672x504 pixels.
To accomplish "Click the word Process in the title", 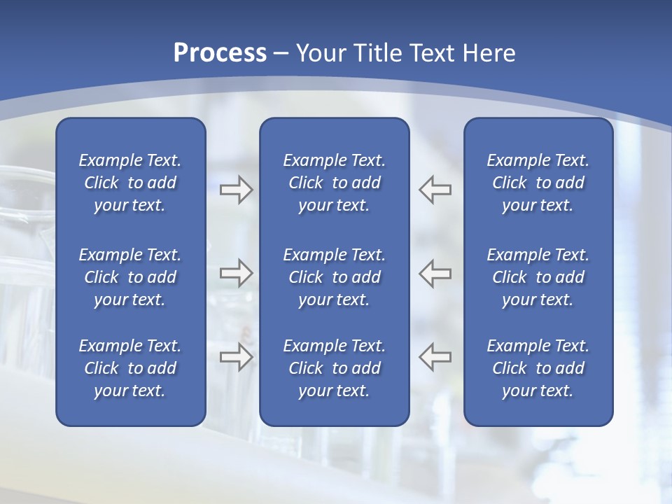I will coord(220,53).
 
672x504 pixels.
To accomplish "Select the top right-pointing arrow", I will coord(236,190).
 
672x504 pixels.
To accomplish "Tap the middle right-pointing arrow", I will coord(236,273).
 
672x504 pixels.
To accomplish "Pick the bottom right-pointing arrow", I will coord(236,357).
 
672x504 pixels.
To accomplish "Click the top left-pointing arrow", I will coord(435,190).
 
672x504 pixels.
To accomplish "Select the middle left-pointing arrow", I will coord(435,273).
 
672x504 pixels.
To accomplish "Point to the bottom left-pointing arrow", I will coord(435,357).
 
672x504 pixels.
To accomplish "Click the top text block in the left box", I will coord(130,183).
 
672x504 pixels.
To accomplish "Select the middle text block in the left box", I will coord(130,277).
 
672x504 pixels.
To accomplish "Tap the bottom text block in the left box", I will coord(130,368).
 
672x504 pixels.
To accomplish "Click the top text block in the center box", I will coord(334,183).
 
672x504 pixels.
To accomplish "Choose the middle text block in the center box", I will coord(334,277).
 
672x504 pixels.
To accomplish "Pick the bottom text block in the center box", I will coord(334,368).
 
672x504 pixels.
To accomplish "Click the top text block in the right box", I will coord(538,183).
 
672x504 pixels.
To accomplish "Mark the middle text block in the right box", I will coord(538,277).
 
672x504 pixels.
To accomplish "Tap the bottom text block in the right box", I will coord(538,368).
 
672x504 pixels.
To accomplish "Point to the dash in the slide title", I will coord(281,53).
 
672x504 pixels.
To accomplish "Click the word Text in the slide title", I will coord(430,53).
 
